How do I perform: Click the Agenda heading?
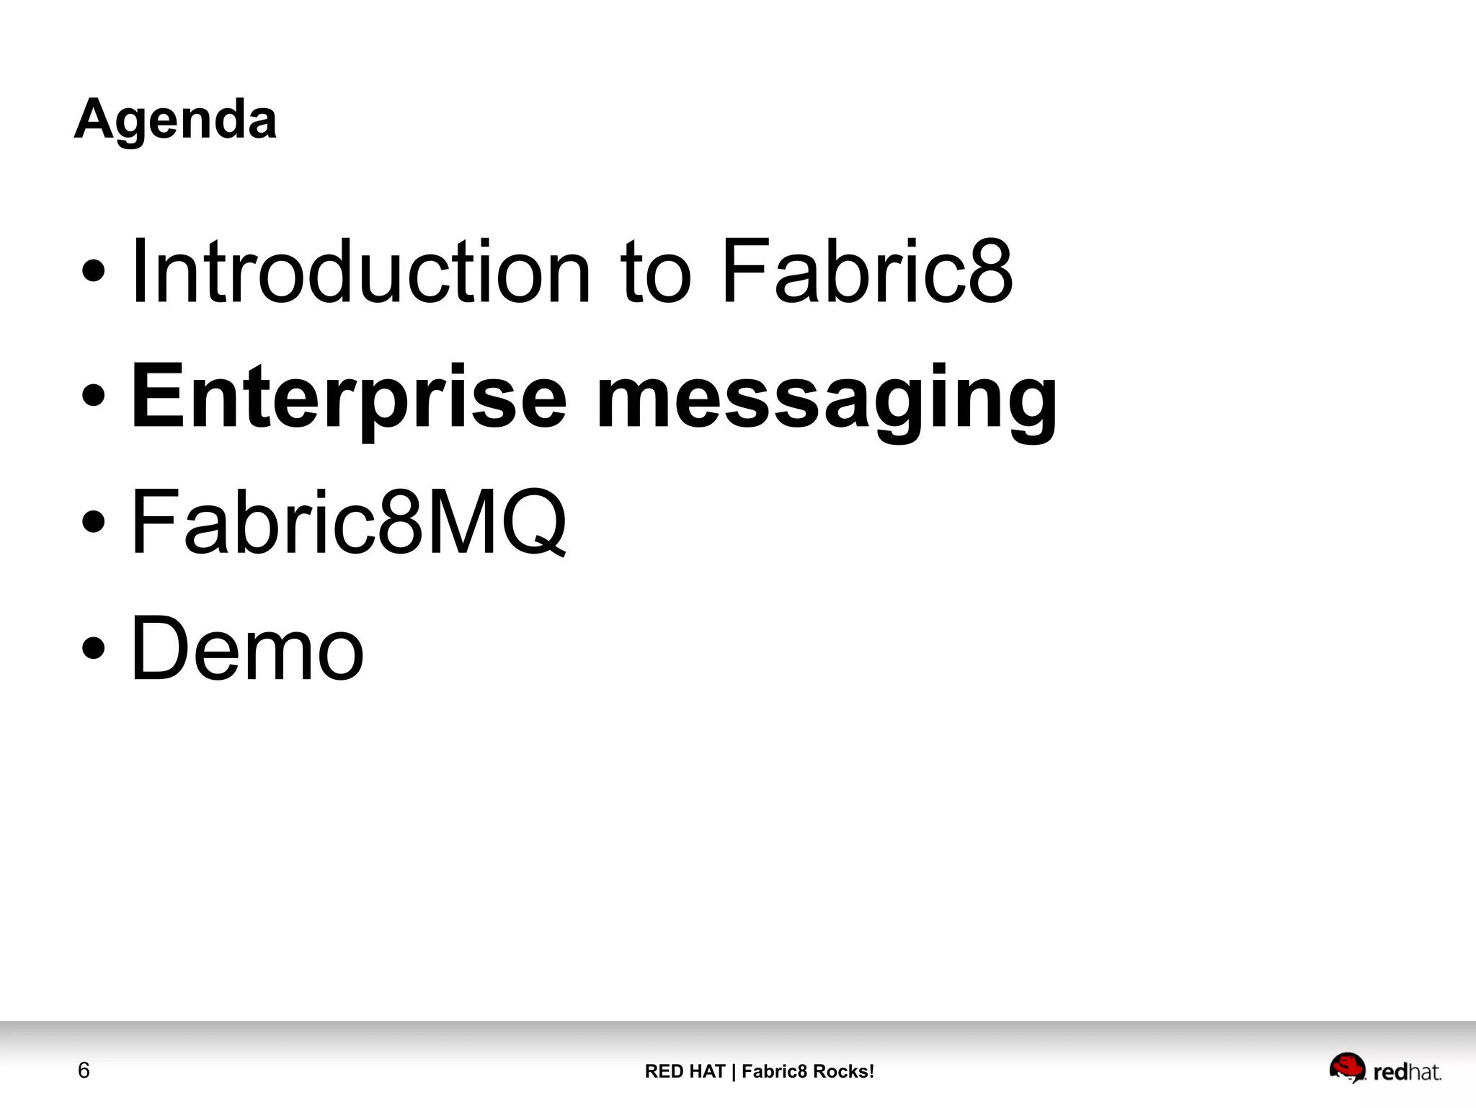point(175,120)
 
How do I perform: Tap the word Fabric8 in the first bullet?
point(866,272)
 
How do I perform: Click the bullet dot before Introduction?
point(94,273)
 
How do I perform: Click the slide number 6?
point(84,1071)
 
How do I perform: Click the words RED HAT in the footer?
point(685,1071)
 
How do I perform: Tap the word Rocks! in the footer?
point(843,1071)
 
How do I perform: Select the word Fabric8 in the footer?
point(774,1071)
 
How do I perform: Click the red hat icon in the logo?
point(1347,1068)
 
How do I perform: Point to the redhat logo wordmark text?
point(1407,1072)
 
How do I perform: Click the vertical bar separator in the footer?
point(734,1071)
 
